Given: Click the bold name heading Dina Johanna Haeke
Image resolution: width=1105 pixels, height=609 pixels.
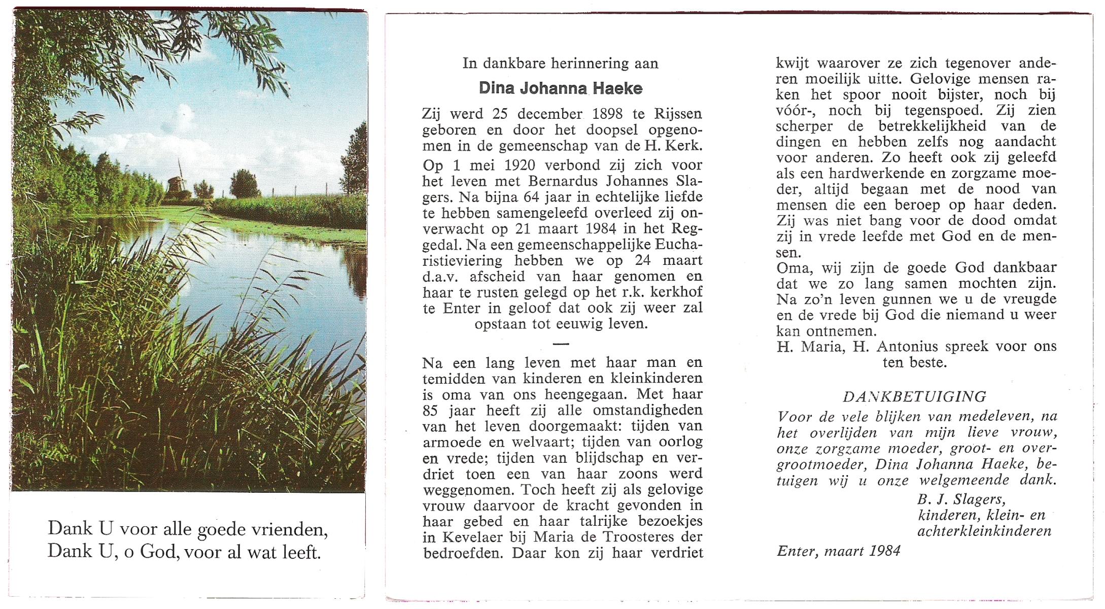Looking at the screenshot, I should click(561, 88).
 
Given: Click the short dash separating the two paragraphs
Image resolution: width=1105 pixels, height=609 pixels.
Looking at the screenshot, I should click(561, 344).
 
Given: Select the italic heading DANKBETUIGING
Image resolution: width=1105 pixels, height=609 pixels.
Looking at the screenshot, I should click(915, 396).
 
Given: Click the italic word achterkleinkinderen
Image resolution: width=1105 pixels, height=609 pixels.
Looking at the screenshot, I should click(984, 531).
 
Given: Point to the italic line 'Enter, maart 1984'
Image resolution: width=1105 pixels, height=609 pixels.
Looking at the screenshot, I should click(838, 551).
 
